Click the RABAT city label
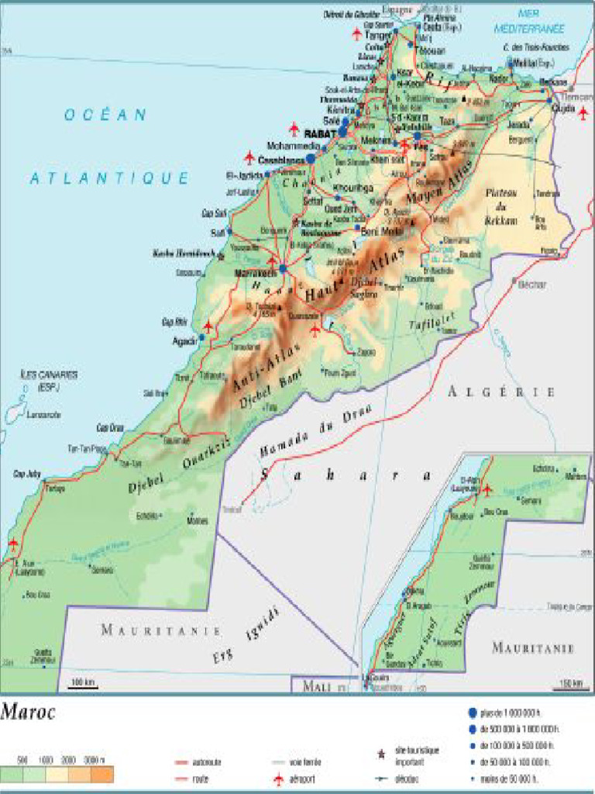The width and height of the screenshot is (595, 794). pos(318,133)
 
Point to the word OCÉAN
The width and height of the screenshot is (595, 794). pos(105,115)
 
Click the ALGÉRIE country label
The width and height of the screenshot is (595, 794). pos(501,392)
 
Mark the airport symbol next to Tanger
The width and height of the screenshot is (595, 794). pos(356,34)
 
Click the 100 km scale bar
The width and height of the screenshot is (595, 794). pos(83,683)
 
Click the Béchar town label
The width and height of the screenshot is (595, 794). pos(531,285)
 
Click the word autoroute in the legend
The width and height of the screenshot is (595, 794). pos(206,762)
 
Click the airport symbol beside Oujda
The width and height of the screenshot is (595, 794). pos(583,112)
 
